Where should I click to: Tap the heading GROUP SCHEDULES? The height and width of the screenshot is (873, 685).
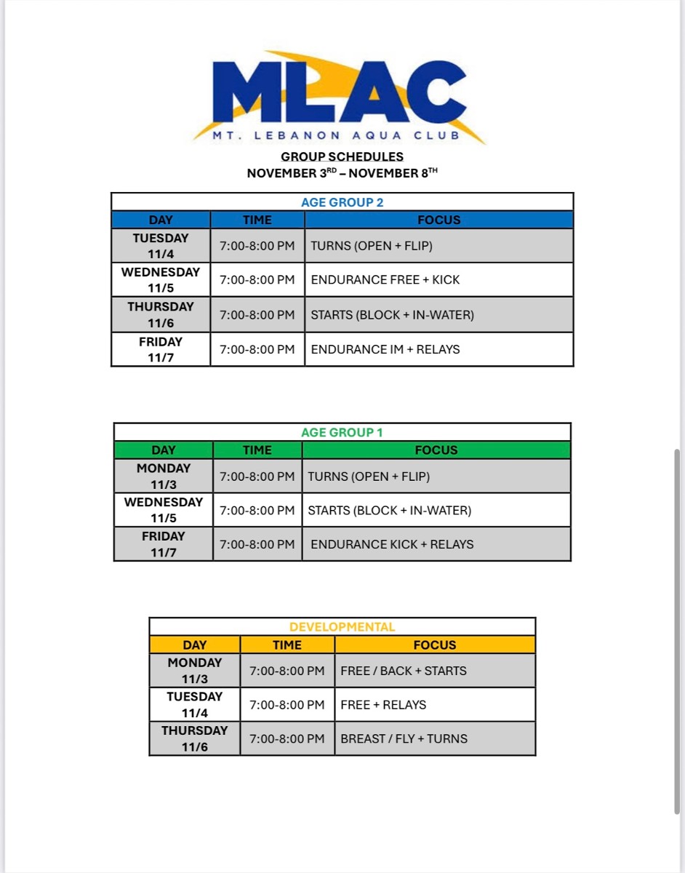pyautogui.click(x=342, y=156)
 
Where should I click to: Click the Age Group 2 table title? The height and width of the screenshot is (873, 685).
pyautogui.click(x=342, y=202)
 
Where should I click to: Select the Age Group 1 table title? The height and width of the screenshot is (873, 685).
pyautogui.click(x=342, y=433)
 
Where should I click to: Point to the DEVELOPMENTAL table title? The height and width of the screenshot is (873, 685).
pyautogui.click(x=342, y=627)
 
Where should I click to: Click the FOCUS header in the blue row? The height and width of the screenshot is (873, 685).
pyautogui.click(x=438, y=220)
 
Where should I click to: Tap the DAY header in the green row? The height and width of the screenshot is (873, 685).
pyautogui.click(x=164, y=450)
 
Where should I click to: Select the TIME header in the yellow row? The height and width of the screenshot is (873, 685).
pyautogui.click(x=287, y=645)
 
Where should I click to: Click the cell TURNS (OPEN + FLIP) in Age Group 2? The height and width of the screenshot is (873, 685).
pyautogui.click(x=372, y=246)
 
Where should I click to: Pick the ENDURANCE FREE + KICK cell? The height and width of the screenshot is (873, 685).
pyautogui.click(x=385, y=279)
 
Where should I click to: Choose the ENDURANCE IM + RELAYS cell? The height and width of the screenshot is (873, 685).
pyautogui.click(x=385, y=349)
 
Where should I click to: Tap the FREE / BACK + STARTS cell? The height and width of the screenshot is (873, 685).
pyautogui.click(x=404, y=671)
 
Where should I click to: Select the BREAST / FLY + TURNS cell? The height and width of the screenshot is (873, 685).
pyautogui.click(x=404, y=738)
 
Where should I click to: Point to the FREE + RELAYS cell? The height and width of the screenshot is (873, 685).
pyautogui.click(x=383, y=704)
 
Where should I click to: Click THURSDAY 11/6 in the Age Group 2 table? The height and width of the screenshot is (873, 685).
pyautogui.click(x=161, y=315)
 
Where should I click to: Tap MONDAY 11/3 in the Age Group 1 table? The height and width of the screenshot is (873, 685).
pyautogui.click(x=164, y=476)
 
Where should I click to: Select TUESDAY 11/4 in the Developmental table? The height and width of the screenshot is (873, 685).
pyautogui.click(x=194, y=704)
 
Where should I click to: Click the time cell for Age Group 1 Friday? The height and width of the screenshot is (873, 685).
pyautogui.click(x=257, y=544)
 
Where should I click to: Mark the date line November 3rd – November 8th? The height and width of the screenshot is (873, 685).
pyautogui.click(x=342, y=173)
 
